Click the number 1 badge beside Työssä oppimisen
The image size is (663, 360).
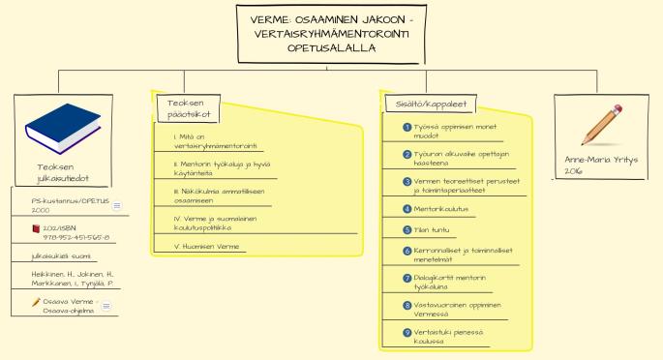tap(407, 128)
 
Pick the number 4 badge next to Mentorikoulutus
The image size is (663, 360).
tap(407, 208)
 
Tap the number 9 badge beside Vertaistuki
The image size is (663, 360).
tap(407, 333)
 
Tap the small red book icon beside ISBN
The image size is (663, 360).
tap(36, 228)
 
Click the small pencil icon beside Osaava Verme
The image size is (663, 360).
tap(36, 301)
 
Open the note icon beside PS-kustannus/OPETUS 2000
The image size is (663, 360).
tap(117, 205)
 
